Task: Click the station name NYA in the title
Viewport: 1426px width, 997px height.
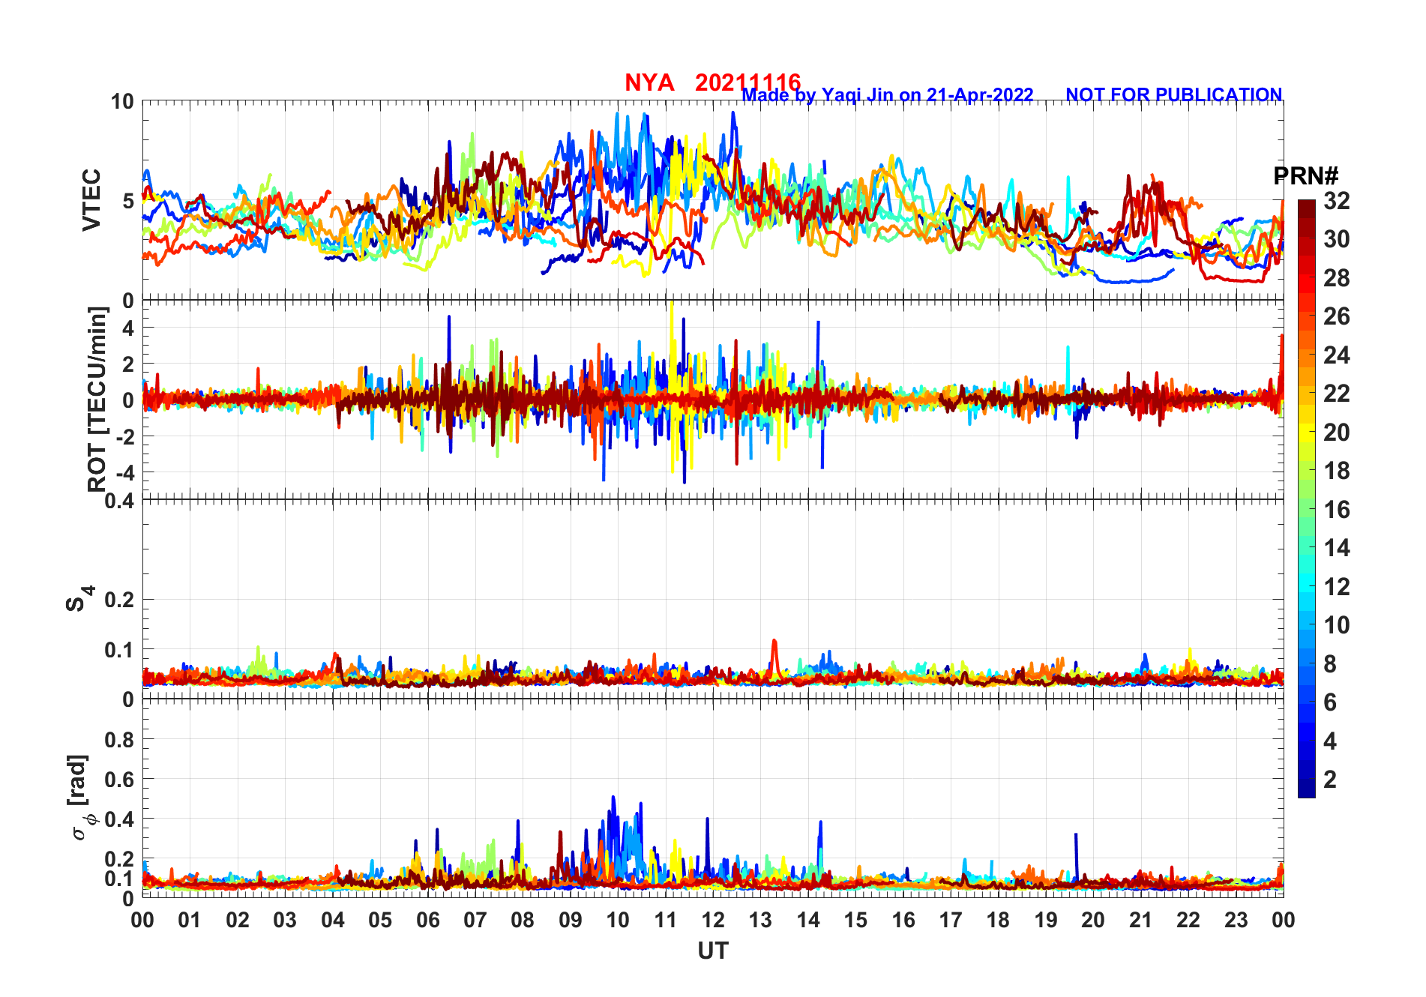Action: point(649,82)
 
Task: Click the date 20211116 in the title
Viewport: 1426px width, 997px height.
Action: point(747,82)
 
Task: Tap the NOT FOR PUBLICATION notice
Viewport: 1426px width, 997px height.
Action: point(1173,95)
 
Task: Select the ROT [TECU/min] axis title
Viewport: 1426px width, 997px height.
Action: point(97,399)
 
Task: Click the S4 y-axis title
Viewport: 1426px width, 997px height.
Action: point(79,599)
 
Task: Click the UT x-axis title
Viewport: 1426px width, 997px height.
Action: point(712,951)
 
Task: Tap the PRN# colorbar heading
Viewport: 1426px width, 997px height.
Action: point(1305,176)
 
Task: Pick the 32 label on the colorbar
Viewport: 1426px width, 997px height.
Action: point(1336,201)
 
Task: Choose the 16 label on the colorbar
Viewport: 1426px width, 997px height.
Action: point(1336,510)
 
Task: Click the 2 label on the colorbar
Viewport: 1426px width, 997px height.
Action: point(1329,780)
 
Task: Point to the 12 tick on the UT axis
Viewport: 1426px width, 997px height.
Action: point(713,921)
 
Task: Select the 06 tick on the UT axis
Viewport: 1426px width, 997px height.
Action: point(427,921)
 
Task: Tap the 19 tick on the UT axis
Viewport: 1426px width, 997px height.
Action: point(1045,921)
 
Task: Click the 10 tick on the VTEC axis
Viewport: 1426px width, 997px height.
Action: point(122,102)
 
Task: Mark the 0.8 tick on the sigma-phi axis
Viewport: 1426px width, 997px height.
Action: point(118,740)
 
